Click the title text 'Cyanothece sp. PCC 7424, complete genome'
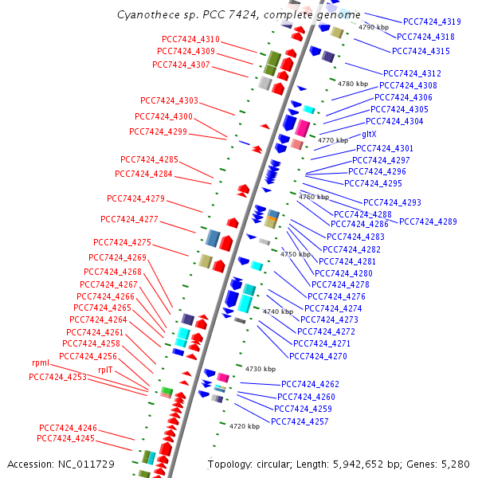click(x=239, y=14)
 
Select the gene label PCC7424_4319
click(x=432, y=22)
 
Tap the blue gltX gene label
click(x=374, y=135)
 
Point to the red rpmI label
click(x=41, y=362)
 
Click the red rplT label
click(x=105, y=370)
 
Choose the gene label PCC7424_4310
click(x=190, y=39)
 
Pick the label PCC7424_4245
click(x=65, y=438)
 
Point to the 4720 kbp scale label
click(x=245, y=426)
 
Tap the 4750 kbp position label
click(x=296, y=254)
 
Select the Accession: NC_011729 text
click(x=61, y=464)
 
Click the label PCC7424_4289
click(x=428, y=221)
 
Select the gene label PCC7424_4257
click(x=300, y=421)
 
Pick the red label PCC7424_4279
click(x=135, y=198)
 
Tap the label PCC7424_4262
click(x=310, y=384)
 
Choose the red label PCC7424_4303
click(x=169, y=100)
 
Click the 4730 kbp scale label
click(x=261, y=369)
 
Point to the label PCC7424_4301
click(x=385, y=148)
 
